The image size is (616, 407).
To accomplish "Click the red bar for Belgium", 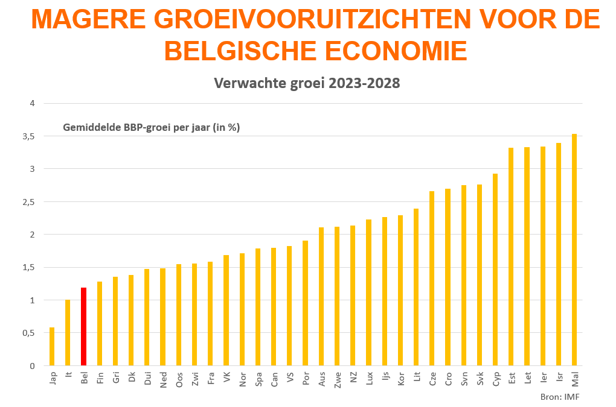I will [83, 326].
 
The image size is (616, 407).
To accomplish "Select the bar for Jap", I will [52, 346].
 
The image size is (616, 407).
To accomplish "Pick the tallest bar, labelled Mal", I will [574, 250].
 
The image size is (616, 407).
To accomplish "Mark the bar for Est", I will [511, 256].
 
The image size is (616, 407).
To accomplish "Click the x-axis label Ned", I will [163, 379].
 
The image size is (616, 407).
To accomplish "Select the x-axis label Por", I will [306, 379].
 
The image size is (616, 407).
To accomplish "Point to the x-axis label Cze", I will [432, 379].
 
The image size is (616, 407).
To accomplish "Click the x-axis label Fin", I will [100, 378].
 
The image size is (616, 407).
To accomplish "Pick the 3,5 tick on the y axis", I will [28, 136].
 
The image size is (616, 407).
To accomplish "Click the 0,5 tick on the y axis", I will [28, 333].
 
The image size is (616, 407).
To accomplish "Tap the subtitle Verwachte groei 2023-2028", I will [307, 83].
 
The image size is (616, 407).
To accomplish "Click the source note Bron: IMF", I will [555, 396].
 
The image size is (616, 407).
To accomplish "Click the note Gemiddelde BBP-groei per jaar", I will [152, 127].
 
